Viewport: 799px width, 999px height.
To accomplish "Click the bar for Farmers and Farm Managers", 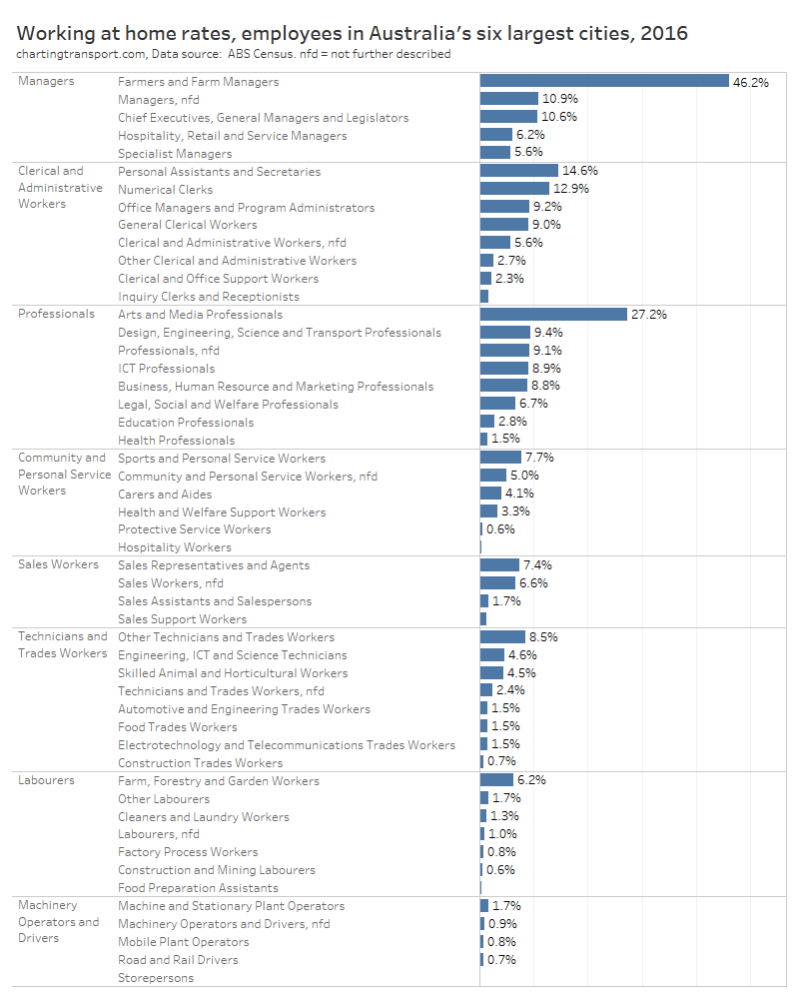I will [x=604, y=81].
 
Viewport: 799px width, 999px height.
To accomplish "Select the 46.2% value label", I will [x=750, y=82].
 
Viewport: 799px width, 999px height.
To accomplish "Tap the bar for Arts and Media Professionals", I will [x=552, y=314].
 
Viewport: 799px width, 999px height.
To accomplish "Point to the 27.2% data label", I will [x=648, y=315].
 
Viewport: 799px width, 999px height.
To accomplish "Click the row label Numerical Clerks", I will [x=165, y=189].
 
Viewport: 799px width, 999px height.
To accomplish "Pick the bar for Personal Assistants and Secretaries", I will [x=518, y=171].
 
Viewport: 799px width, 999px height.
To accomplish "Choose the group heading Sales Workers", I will [x=58, y=564].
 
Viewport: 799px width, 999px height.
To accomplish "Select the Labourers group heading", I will [x=46, y=780].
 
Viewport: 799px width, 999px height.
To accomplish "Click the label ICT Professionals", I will [x=166, y=368].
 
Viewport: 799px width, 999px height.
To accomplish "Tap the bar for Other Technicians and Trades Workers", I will [x=502, y=636].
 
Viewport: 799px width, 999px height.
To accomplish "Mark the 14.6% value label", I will [x=579, y=171].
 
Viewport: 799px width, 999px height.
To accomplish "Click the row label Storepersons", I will [x=156, y=977].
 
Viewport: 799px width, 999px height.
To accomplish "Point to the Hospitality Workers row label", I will [x=174, y=546].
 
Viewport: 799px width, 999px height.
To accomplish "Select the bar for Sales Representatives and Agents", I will [x=499, y=564].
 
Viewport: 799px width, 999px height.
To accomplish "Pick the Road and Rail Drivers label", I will [x=178, y=959].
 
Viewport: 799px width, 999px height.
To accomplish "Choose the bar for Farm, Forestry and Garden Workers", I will [x=496, y=780].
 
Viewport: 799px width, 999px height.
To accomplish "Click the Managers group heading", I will [x=46, y=81].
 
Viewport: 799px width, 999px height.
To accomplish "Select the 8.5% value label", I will [x=542, y=636].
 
